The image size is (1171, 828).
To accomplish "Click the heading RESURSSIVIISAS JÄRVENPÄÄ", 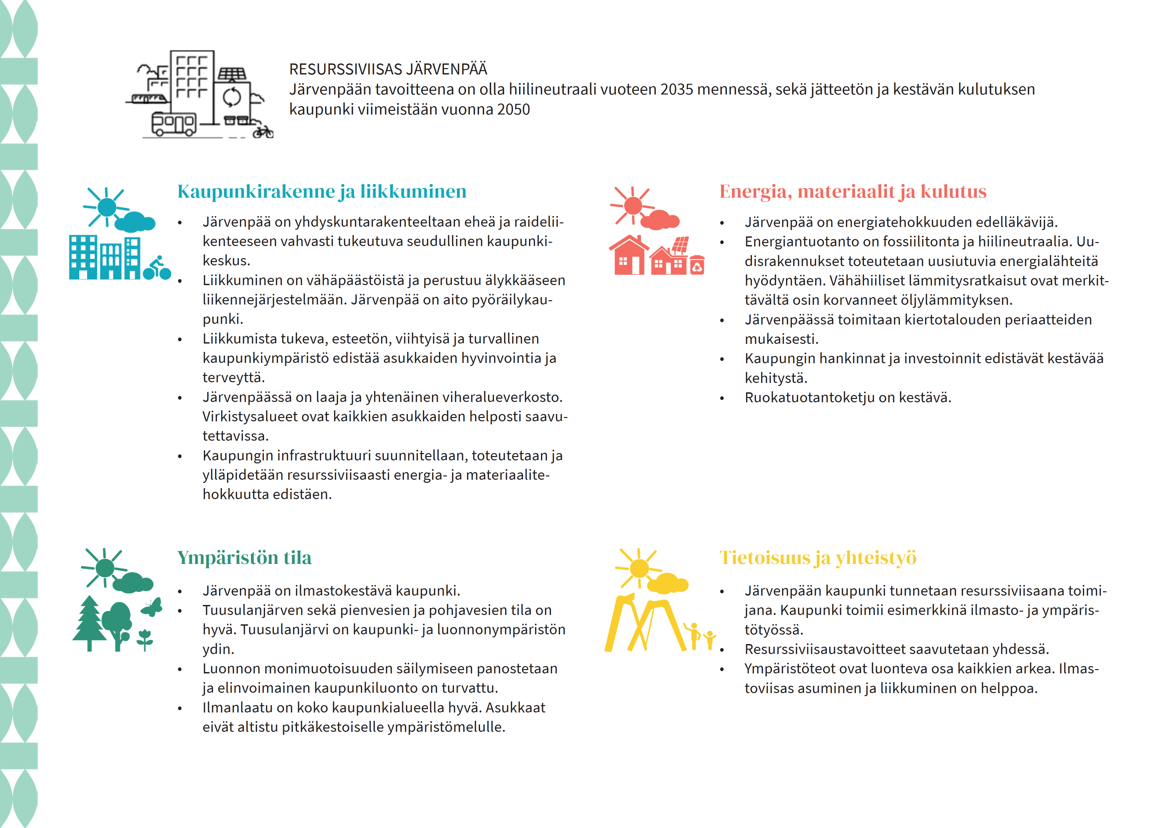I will pos(388,69).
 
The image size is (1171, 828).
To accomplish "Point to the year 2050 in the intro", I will pos(513,109).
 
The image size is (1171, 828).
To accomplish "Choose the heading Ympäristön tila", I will pos(244,558).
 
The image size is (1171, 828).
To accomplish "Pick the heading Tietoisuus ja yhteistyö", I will pos(817,558).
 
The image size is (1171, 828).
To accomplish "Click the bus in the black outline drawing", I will pos(173,124).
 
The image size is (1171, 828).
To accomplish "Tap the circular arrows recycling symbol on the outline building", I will pos(232,96).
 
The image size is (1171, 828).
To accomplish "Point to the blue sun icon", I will pos(106,207).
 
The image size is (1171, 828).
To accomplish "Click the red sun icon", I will pos(633,206).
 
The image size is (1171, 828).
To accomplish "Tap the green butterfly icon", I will pos(152,607).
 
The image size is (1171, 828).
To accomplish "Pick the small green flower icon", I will pos(145,639).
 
